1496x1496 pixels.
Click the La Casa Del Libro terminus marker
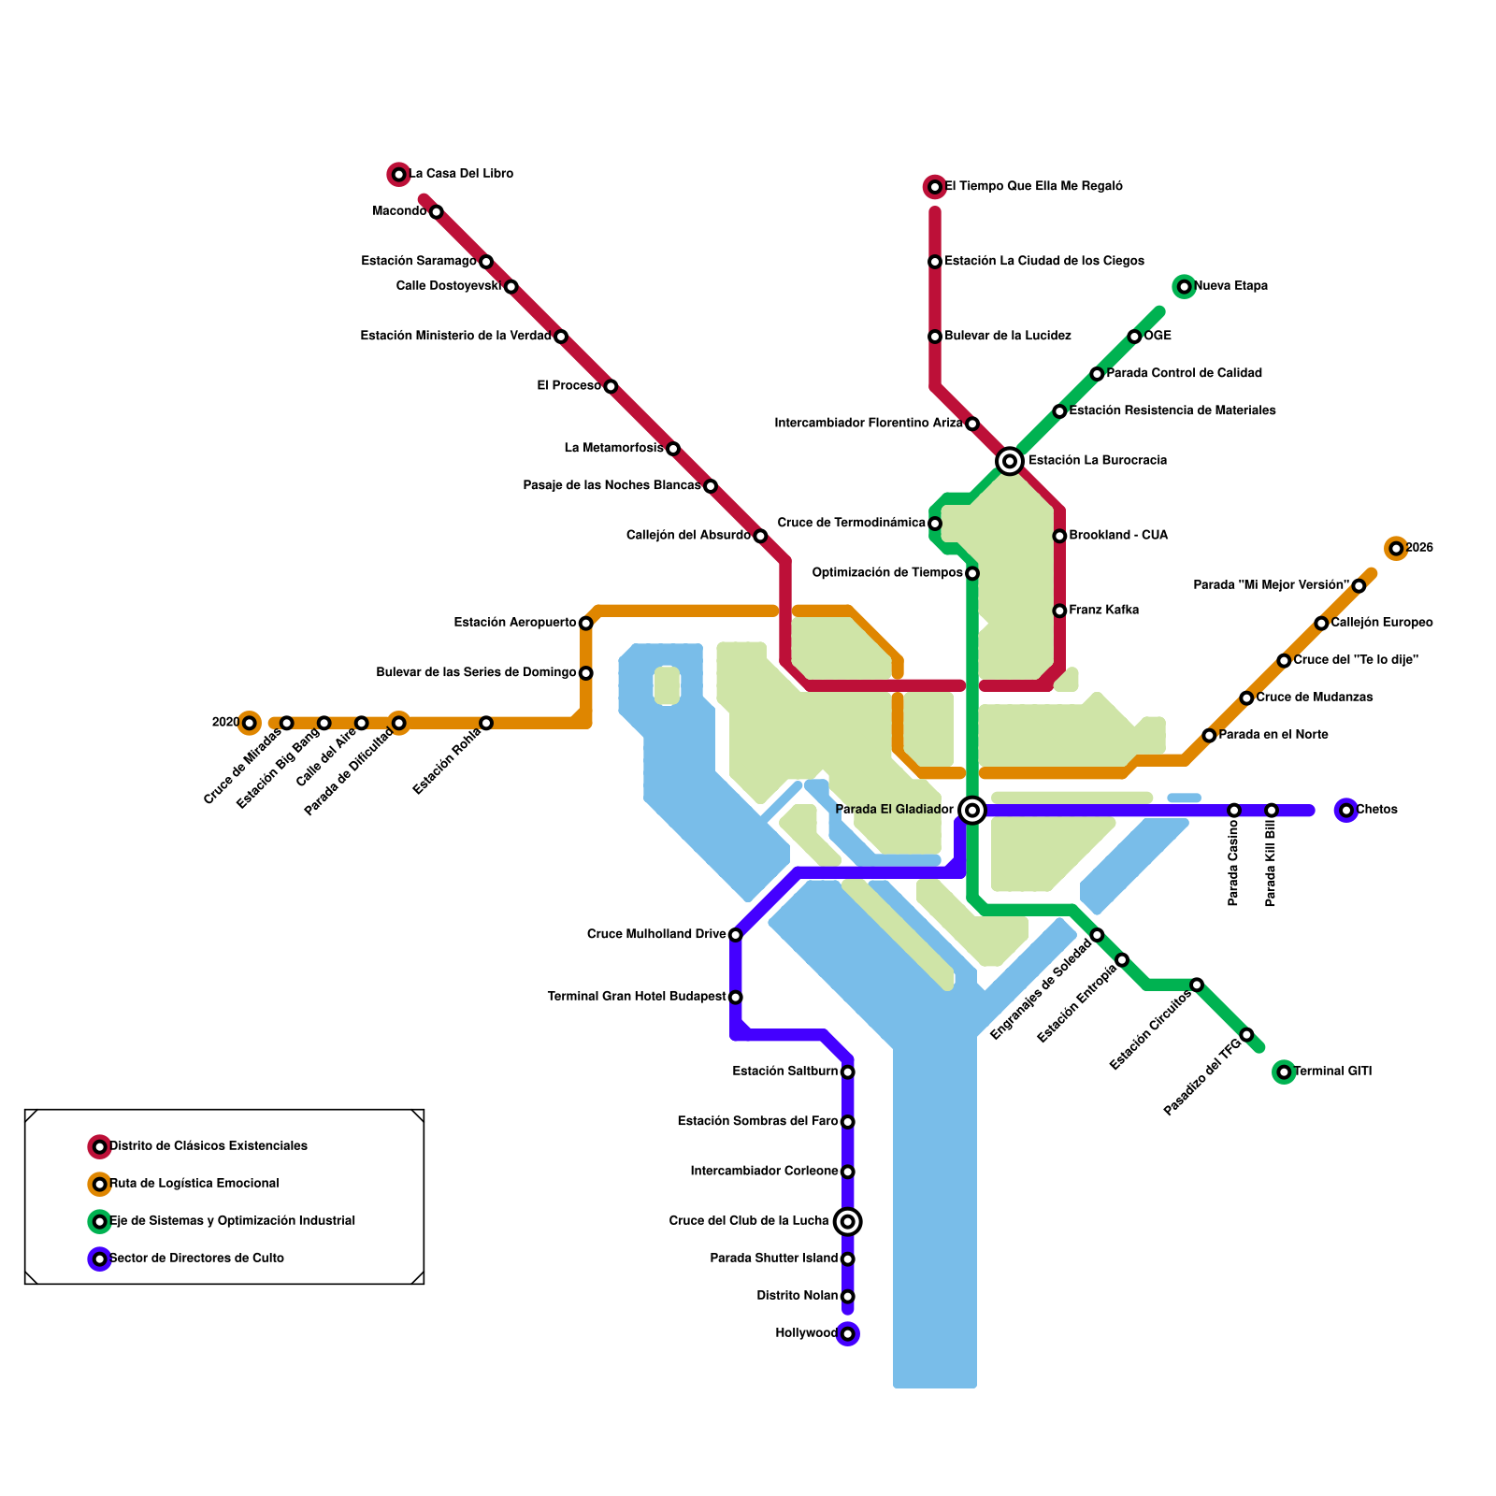[x=399, y=174]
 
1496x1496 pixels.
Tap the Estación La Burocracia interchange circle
[x=1009, y=461]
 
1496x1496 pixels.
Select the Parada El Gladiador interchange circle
[x=972, y=810]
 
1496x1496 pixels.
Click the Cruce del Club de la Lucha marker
[x=847, y=1221]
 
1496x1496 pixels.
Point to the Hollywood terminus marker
[x=847, y=1334]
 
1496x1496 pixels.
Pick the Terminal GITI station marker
[x=1284, y=1072]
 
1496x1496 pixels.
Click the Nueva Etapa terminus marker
[x=1184, y=286]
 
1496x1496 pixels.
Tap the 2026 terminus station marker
[x=1396, y=549]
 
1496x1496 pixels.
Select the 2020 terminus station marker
[x=249, y=723]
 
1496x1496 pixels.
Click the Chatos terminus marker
[x=1345, y=810]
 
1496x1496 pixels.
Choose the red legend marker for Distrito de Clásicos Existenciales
[x=99, y=1146]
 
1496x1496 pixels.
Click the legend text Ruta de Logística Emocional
[x=194, y=1184]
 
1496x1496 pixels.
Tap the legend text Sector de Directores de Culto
[x=196, y=1259]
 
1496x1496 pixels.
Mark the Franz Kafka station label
[x=1103, y=611]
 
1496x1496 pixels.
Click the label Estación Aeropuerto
[x=514, y=623]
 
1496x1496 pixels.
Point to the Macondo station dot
[x=436, y=212]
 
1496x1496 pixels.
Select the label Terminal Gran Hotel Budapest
[x=636, y=998]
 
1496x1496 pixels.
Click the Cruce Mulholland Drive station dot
[x=735, y=935]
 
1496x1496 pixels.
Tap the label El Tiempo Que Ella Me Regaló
[x=1033, y=187]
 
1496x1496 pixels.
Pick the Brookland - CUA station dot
[x=1059, y=536]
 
